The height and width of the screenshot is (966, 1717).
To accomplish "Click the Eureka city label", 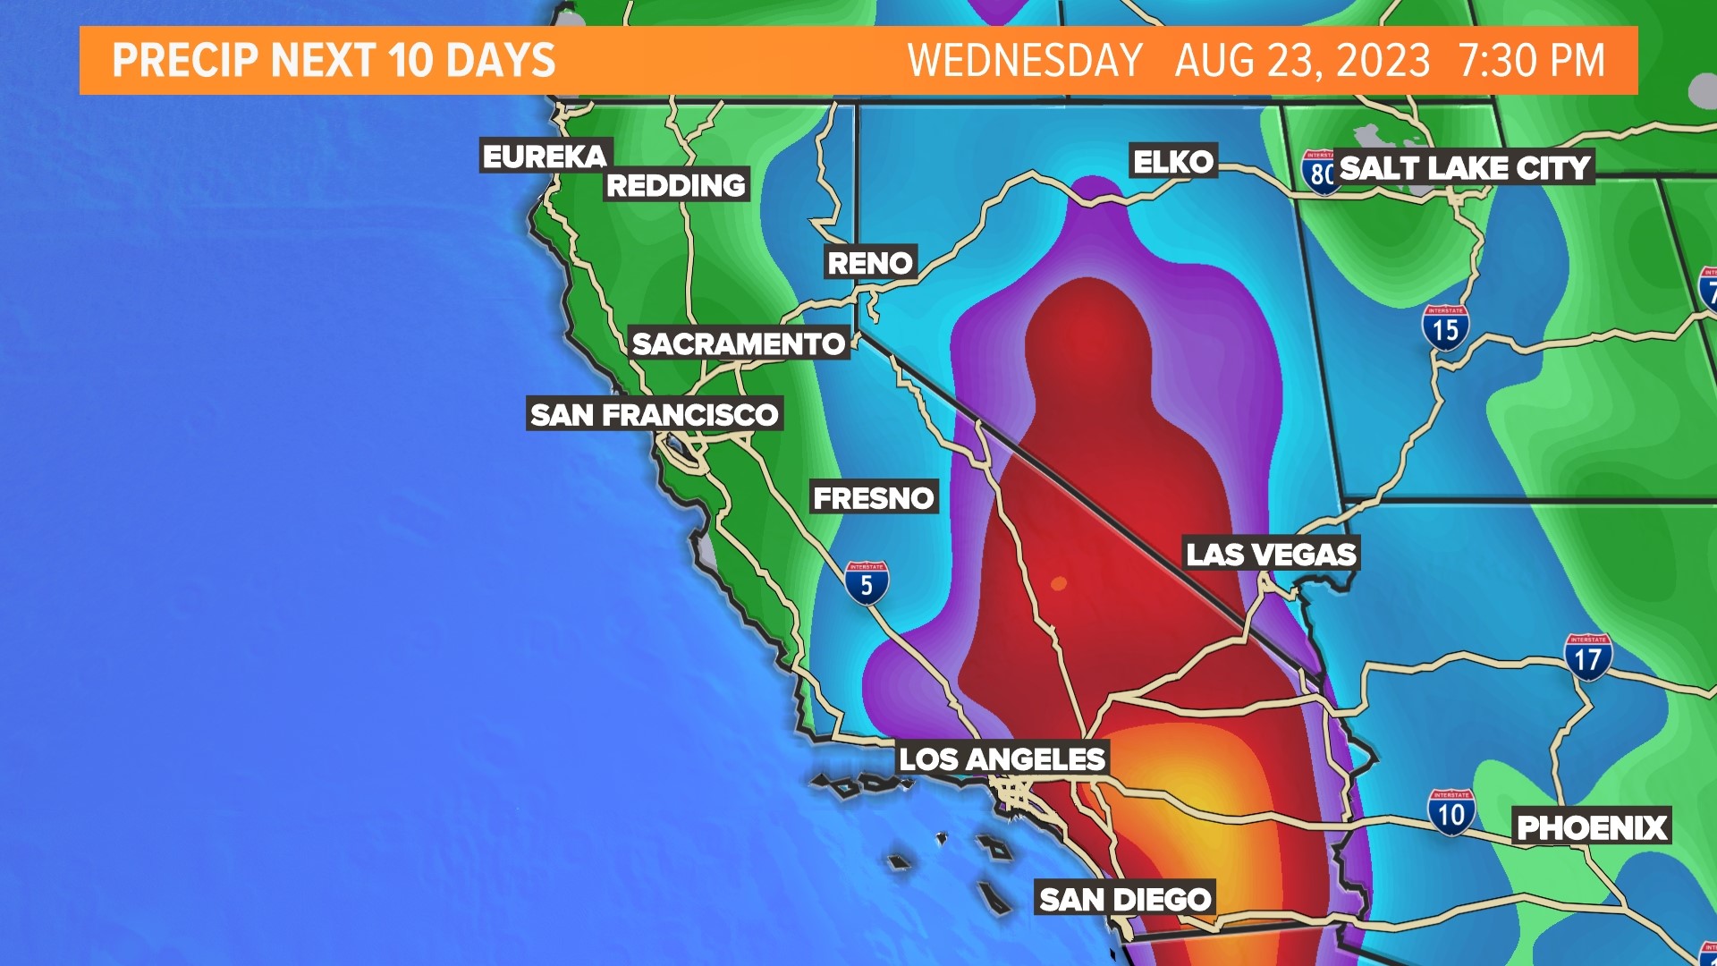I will (x=545, y=157).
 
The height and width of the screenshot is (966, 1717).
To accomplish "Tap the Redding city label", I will (x=676, y=185).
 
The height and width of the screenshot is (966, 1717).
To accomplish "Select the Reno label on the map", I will (x=870, y=263).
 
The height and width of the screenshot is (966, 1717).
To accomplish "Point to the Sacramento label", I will (x=738, y=343).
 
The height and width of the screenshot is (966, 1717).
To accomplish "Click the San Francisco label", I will (x=655, y=414).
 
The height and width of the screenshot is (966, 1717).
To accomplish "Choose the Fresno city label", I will (x=874, y=498).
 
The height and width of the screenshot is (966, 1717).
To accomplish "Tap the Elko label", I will (x=1173, y=162).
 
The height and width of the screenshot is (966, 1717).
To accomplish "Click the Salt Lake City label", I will (x=1465, y=168).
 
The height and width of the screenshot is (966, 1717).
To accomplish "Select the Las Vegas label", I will (x=1271, y=555).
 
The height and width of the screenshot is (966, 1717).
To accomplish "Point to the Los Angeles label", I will (x=1002, y=759).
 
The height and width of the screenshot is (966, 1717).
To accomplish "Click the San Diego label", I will (x=1125, y=899).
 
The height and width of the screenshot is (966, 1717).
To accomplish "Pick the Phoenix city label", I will (x=1592, y=828).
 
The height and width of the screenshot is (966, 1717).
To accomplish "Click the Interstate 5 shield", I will (x=866, y=584).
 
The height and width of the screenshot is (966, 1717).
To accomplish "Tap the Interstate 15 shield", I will (x=1445, y=328).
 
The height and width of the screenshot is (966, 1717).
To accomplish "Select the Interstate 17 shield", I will (x=1587, y=658).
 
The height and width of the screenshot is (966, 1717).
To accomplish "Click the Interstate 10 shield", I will (x=1451, y=813).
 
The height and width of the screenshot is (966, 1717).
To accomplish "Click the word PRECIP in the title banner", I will (x=185, y=61).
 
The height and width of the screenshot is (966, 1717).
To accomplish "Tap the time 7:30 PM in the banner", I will (x=1531, y=61).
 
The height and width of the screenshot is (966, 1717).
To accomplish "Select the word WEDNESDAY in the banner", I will (x=1025, y=61).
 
